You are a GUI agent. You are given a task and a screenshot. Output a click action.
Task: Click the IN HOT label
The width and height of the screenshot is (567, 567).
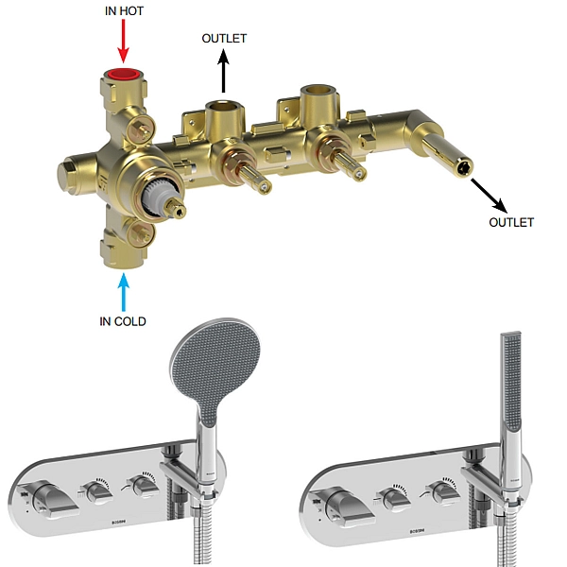[124, 10]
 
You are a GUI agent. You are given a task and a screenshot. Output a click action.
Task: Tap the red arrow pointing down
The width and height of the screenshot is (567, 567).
[124, 41]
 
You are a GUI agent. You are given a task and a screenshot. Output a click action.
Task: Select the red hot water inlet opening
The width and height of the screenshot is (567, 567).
[124, 75]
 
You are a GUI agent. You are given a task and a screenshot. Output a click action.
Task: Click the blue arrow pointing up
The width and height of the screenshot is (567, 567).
[124, 292]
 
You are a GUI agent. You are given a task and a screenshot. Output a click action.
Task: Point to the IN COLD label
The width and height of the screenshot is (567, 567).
[123, 321]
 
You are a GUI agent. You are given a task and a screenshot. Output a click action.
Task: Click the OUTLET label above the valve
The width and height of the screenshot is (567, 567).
[224, 38]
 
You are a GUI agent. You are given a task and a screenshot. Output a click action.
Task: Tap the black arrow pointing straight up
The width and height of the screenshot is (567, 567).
[223, 71]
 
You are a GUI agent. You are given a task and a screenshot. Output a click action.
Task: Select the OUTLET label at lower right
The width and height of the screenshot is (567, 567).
[511, 222]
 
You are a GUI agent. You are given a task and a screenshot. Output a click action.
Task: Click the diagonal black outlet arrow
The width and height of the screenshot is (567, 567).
[489, 196]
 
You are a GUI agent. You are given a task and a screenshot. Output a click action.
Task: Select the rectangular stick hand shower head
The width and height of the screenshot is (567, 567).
[511, 381]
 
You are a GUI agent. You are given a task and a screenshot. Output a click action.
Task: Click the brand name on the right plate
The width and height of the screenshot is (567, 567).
[418, 531]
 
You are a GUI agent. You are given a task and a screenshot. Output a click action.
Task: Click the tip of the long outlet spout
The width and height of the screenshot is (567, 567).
[464, 169]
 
